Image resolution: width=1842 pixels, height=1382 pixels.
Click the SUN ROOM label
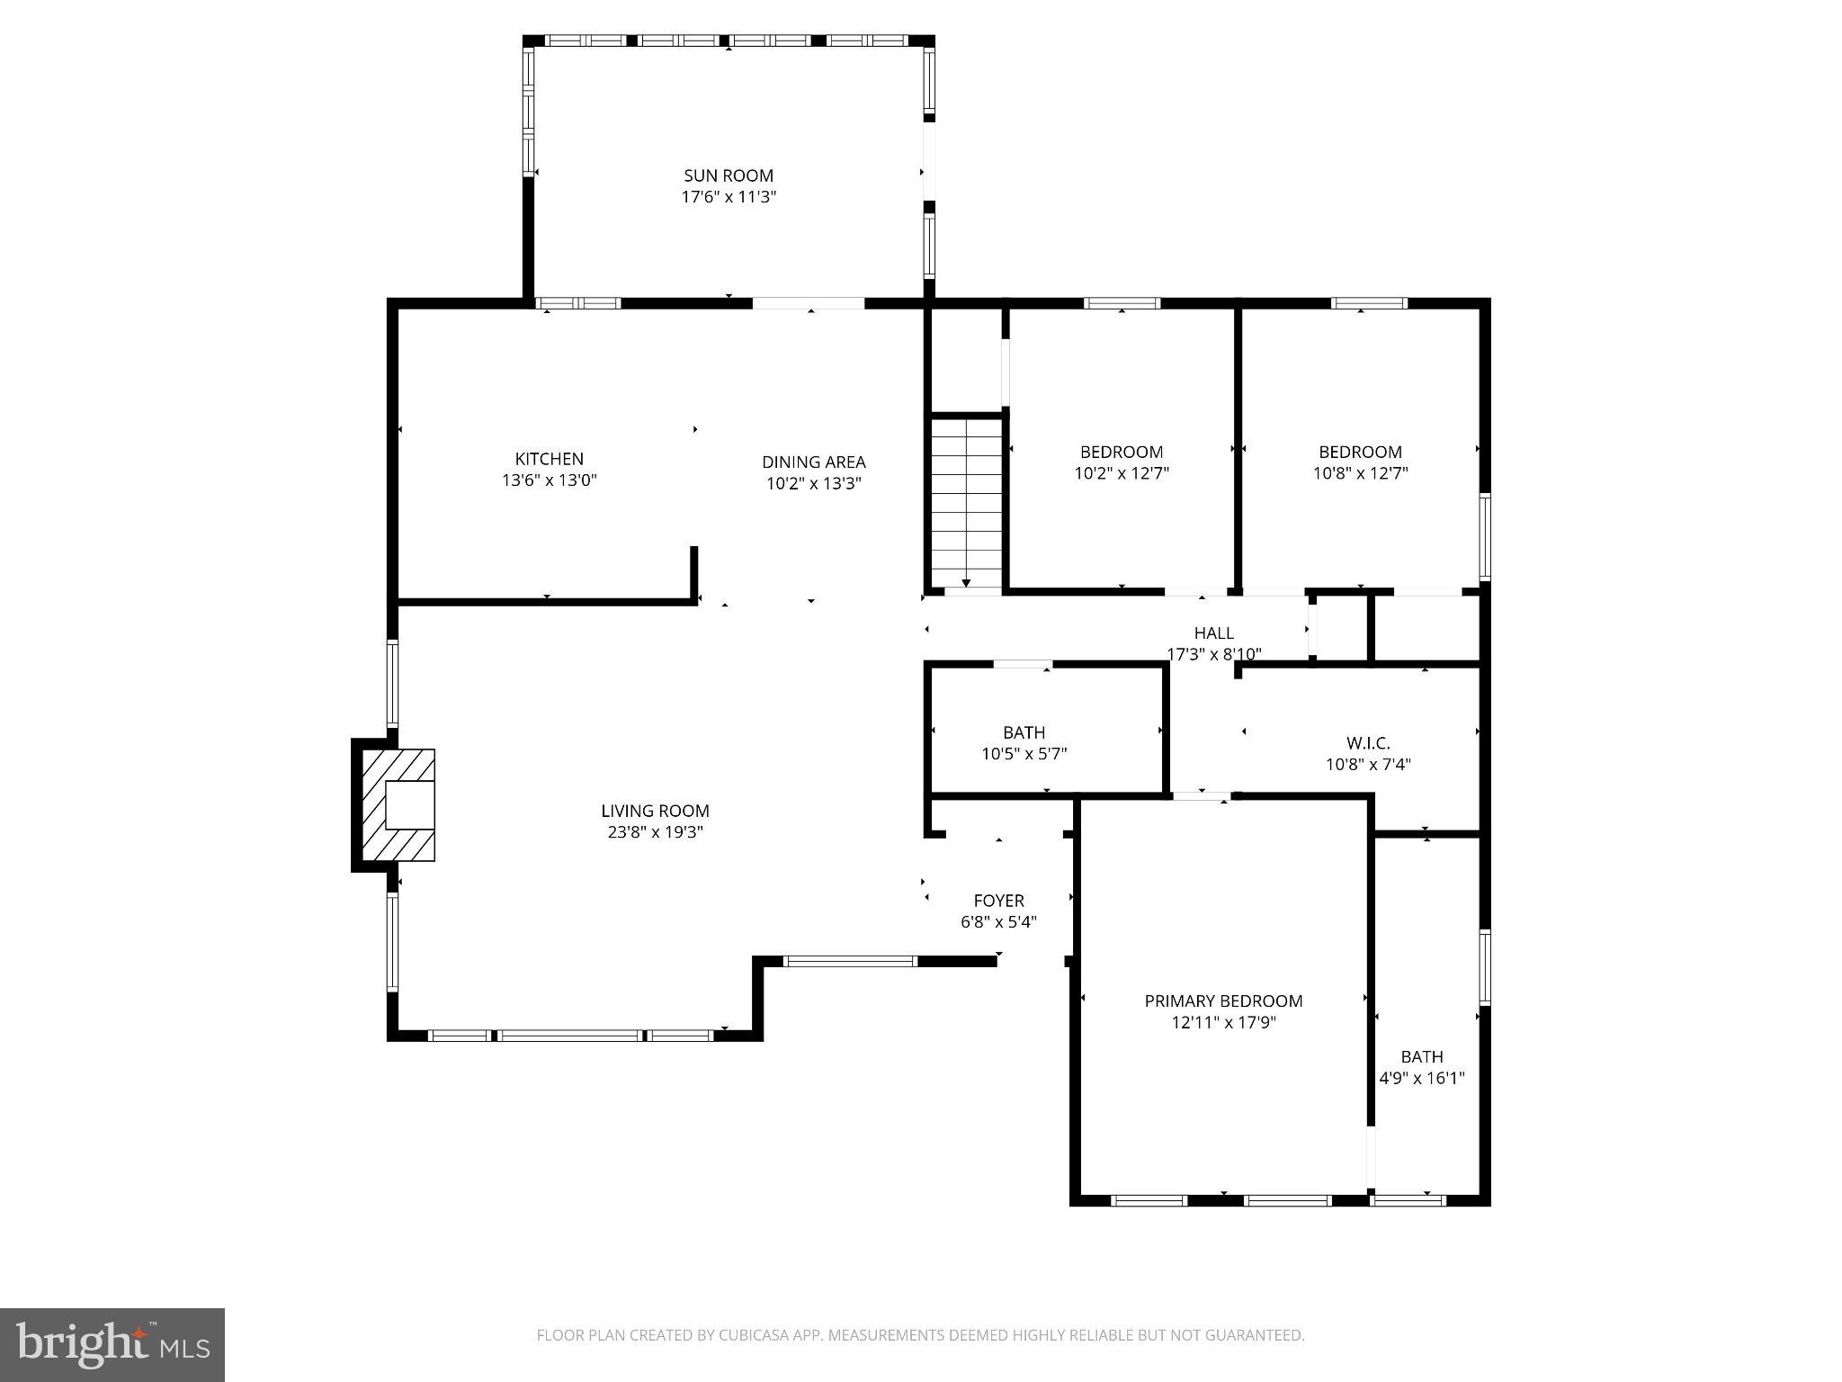(728, 175)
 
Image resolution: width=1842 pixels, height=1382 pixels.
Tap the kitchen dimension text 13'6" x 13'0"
(549, 480)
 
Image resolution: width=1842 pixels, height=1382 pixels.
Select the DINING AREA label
(813, 462)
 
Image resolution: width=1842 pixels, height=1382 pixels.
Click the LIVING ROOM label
(655, 811)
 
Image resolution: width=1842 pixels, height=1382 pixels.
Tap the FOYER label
(998, 901)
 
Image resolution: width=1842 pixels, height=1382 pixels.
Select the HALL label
(1213, 633)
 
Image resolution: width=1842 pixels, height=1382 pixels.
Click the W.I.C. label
(1367, 743)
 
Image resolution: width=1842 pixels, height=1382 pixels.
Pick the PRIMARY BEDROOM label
(1223, 1001)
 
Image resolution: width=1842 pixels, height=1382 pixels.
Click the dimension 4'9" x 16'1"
(1421, 1078)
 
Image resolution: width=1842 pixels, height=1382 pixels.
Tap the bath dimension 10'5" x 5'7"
(1024, 754)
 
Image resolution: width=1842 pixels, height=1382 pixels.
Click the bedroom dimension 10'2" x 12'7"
(1121, 473)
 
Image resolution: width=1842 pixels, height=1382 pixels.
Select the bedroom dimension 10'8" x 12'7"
(1360, 473)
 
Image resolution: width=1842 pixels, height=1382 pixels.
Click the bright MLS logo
(112, 1344)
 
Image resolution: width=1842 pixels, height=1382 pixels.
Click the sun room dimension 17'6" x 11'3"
(728, 197)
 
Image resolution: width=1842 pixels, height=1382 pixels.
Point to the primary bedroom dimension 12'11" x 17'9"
(1223, 1022)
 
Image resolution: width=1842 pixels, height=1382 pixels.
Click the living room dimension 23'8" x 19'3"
(655, 832)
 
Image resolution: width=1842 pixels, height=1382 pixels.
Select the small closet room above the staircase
(964, 360)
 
